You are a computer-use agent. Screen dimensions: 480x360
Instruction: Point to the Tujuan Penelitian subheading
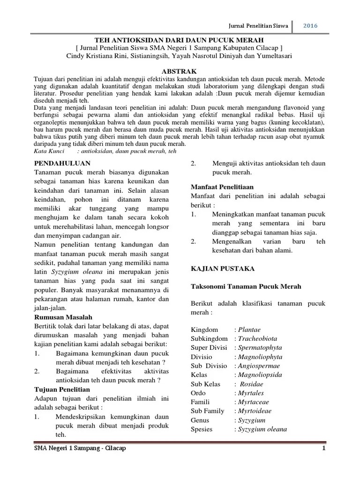click(x=62, y=389)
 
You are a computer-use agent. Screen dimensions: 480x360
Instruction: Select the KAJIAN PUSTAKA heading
click(x=222, y=269)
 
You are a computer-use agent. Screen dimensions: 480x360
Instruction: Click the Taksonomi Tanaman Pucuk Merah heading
click(x=246, y=286)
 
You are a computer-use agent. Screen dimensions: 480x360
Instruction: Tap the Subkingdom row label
click(x=209, y=338)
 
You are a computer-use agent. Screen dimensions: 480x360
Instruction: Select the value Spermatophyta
click(x=260, y=348)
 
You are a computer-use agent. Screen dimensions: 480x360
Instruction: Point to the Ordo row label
click(x=198, y=393)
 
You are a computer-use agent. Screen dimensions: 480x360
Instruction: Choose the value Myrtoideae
click(x=254, y=411)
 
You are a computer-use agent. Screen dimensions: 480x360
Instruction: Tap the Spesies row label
click(x=202, y=429)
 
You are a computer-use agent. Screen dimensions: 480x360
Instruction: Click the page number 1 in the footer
click(x=323, y=449)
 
